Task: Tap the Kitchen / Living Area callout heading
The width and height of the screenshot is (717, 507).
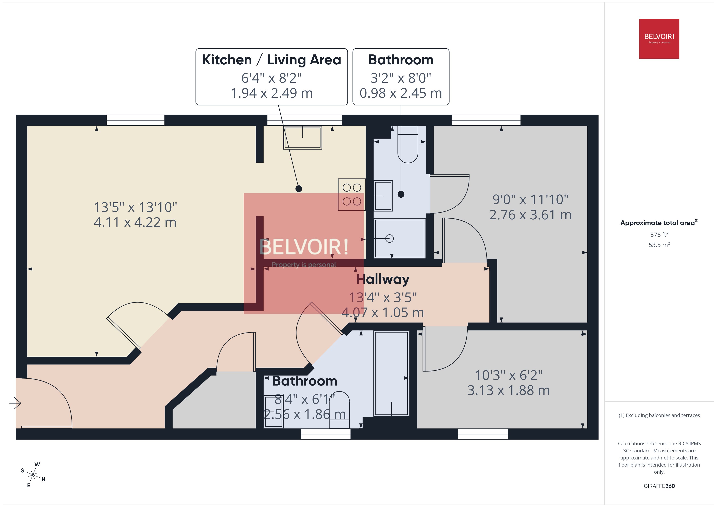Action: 271,60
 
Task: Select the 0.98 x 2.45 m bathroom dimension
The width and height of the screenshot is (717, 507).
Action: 401,93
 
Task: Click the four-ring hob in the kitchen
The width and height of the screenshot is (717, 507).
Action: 352,195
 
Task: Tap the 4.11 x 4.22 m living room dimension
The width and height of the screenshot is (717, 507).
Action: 135,222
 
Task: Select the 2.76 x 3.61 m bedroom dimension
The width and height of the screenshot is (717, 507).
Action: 530,215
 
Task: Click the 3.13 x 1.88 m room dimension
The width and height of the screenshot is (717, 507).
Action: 508,390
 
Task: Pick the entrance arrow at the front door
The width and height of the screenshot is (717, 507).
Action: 15,403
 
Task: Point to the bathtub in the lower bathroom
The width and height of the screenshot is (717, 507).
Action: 391,373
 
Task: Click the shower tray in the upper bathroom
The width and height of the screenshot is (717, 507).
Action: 400,238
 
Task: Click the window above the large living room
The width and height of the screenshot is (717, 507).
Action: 136,120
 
